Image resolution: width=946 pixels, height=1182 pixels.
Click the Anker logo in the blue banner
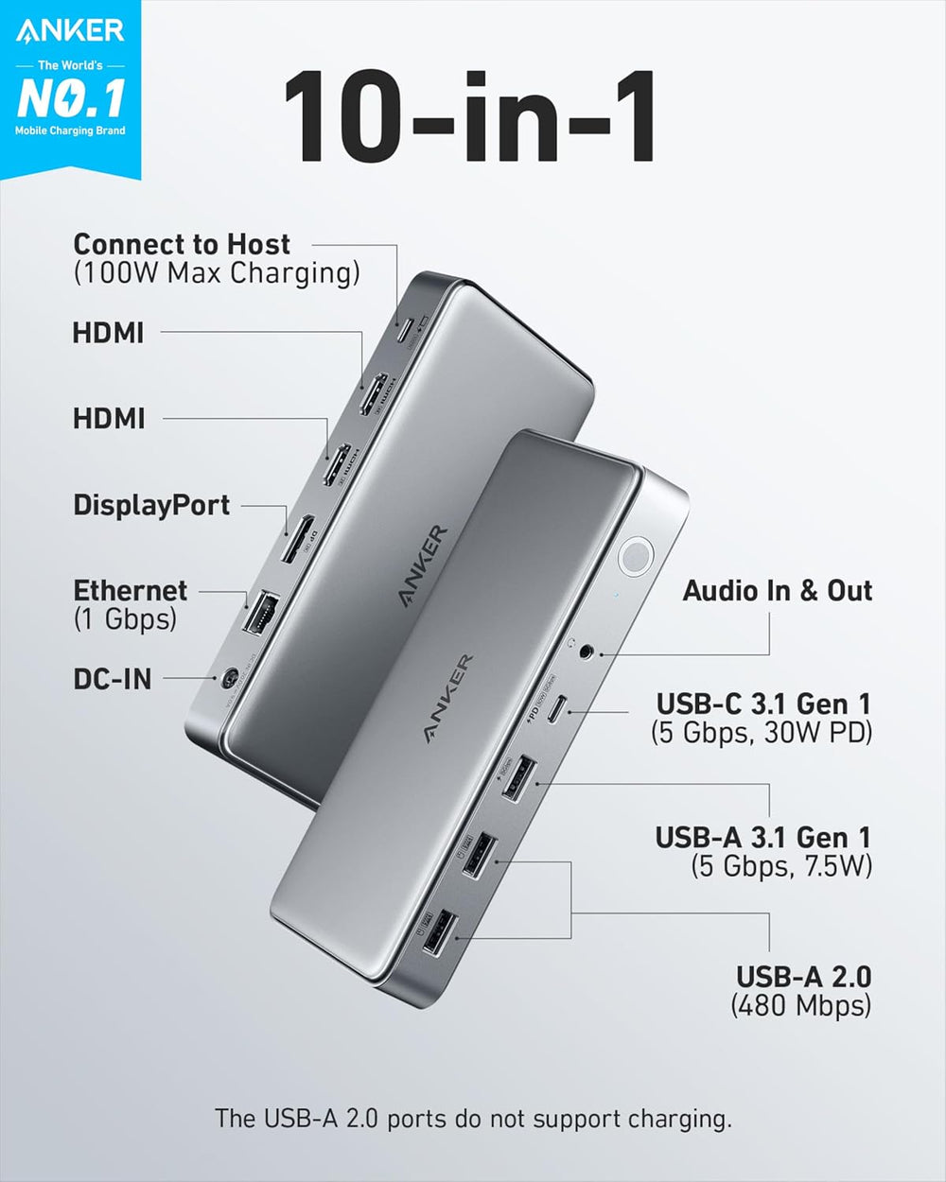point(70,31)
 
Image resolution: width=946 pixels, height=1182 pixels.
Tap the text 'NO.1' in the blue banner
point(70,96)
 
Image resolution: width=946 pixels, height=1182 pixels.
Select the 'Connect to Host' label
point(182,244)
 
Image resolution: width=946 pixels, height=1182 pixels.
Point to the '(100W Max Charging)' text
point(217,273)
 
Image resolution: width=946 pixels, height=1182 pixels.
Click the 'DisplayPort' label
point(151,505)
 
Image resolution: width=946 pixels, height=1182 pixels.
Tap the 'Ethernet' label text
point(131,591)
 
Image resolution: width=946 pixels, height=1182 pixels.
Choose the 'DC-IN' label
point(112,678)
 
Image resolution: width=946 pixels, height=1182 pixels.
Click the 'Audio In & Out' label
point(778,591)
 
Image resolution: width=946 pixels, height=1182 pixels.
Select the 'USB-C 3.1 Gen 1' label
point(763,704)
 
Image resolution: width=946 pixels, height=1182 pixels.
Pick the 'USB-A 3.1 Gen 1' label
point(762,837)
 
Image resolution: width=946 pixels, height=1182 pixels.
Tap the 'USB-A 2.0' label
point(804,977)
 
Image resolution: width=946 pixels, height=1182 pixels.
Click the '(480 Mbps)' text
point(801,1005)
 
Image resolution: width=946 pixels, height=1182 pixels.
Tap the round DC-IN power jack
point(228,679)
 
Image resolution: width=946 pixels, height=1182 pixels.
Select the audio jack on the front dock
point(587,651)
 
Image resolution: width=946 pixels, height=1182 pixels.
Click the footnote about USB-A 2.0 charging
point(473,1119)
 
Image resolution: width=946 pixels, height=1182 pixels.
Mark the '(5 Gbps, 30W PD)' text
point(762,732)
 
